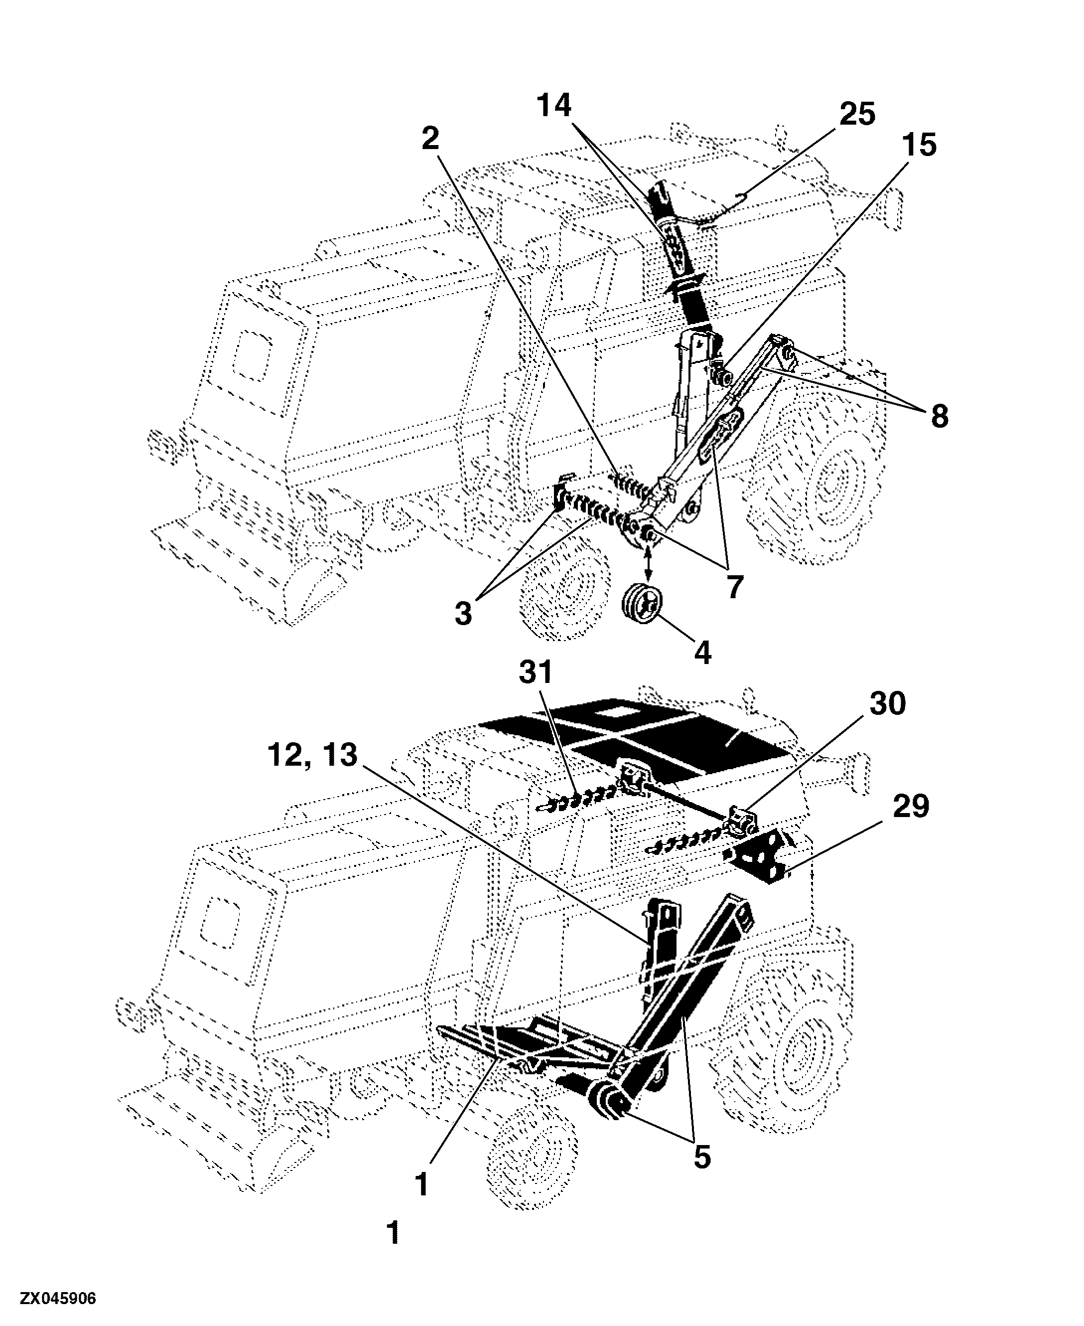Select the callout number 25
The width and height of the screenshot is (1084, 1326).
pos(857,114)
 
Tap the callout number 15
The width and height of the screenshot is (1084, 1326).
pos(919,145)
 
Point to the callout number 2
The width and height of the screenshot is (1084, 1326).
pos(430,138)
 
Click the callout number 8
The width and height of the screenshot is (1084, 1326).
pos(939,416)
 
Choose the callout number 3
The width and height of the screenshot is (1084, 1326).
pos(463,614)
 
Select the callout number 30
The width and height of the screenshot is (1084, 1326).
pos(887,704)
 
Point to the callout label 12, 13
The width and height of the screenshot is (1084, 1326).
pos(312,756)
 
